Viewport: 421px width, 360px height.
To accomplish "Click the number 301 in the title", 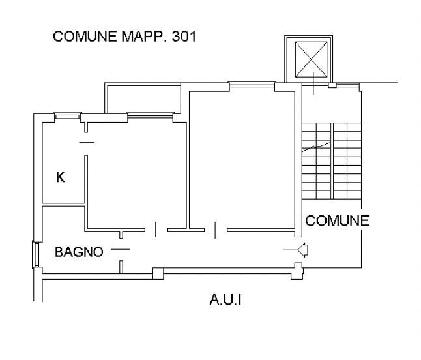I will coord(184,37).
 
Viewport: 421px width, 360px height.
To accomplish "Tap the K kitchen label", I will coord(61,177).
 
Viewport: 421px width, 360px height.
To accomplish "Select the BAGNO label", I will coord(79,252).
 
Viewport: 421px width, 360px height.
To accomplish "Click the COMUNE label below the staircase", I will coord(337,220).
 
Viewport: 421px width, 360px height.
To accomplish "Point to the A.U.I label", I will coord(226,301).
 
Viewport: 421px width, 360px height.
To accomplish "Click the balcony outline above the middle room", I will coord(143,98).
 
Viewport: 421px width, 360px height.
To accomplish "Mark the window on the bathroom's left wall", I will coord(35,254).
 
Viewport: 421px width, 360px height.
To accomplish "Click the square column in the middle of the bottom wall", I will coord(157,273).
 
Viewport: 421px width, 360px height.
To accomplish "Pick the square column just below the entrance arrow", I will coord(298,271).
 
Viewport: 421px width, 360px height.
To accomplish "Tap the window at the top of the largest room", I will coord(250,84).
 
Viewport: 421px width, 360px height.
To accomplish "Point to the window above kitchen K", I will coord(66,115).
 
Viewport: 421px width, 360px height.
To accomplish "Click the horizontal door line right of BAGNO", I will coord(120,249).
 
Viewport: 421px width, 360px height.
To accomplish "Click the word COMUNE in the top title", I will coord(85,37).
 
